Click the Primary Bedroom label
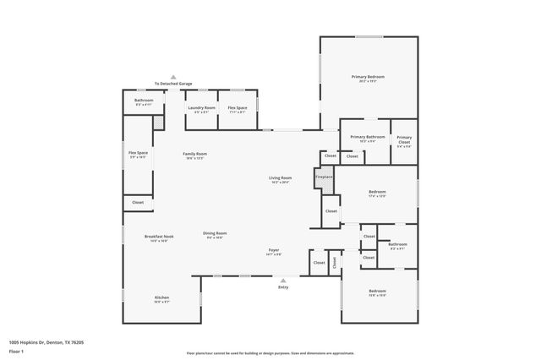(368, 77)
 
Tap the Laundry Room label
(201, 108)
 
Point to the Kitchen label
(161, 298)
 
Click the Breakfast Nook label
(159, 237)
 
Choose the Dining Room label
(215, 233)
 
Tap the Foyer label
(274, 251)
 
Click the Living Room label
(281, 177)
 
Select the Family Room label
(195, 154)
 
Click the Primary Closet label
(404, 139)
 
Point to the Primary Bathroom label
(368, 137)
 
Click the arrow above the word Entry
(283, 280)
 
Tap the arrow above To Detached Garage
(173, 76)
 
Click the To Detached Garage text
(173, 84)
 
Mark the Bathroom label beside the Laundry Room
(144, 101)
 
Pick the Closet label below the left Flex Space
(138, 203)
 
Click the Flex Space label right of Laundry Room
(237, 108)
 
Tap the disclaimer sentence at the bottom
(270, 353)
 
